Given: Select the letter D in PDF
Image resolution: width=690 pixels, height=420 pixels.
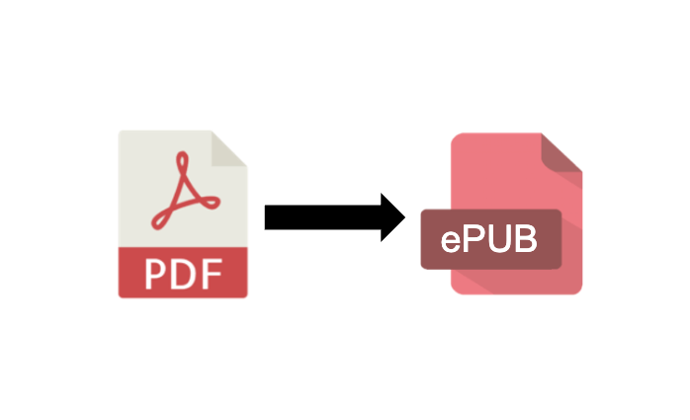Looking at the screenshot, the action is tap(184, 274).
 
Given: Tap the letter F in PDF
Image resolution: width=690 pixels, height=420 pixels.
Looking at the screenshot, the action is tap(213, 274).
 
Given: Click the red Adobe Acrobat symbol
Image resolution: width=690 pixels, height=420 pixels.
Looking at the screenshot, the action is tap(185, 191).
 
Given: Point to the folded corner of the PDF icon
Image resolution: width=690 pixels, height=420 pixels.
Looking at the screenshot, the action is tap(228, 148).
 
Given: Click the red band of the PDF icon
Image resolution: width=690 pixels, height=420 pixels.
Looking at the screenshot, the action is tap(183, 273).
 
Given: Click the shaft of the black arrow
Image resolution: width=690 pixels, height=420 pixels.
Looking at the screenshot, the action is tap(322, 217).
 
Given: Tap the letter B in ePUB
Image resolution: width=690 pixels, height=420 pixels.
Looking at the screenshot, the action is tap(527, 239).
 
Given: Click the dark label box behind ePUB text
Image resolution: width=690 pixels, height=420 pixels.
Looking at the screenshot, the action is tap(491, 239).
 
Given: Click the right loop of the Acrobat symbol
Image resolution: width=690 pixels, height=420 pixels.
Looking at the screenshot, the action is tap(211, 203).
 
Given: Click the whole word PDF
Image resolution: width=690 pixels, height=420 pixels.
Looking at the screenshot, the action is tap(184, 274).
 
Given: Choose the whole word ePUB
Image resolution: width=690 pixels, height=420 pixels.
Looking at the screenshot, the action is tap(489, 239).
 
